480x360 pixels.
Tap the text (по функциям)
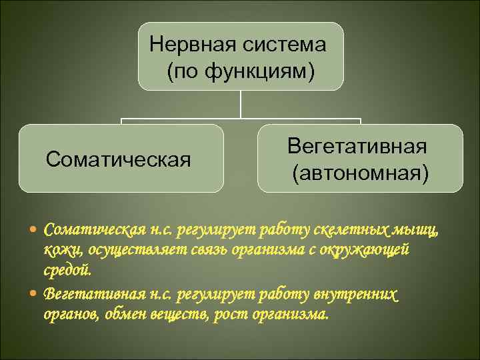pyautogui.click(x=241, y=69)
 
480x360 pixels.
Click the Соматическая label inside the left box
pyautogui.click(x=118, y=159)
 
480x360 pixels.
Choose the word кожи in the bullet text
pyautogui.click(x=58, y=251)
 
